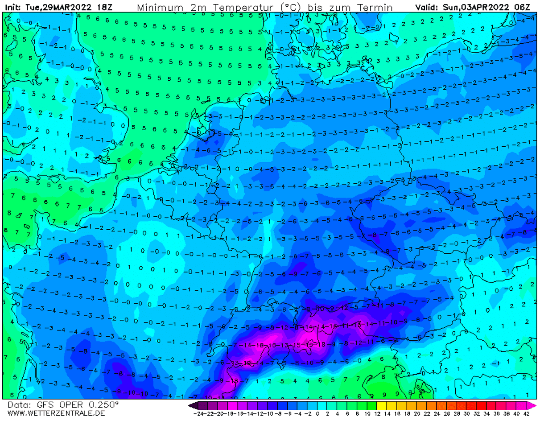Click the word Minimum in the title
160,8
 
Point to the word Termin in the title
376,8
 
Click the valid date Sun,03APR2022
482,8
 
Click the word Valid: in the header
428,8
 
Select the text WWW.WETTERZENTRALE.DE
56,413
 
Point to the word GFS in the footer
51,405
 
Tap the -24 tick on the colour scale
199,414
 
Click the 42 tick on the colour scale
526,414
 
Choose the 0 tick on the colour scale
318,414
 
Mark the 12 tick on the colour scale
377,414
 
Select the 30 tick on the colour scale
466,414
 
